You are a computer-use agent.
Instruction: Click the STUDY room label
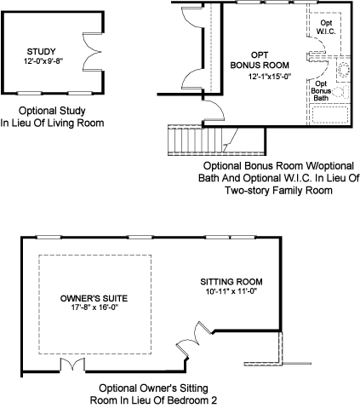42,52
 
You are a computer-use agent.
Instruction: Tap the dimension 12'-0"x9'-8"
43,61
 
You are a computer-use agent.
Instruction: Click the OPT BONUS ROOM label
260,60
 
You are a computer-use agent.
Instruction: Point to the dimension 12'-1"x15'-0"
270,77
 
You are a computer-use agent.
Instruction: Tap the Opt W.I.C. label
326,27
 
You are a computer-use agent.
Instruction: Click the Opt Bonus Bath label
321,91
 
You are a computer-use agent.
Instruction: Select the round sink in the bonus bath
344,70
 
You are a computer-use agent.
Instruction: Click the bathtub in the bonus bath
329,115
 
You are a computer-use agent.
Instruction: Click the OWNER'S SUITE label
94,298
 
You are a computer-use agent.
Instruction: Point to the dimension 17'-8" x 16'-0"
94,307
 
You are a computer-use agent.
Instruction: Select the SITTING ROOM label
231,282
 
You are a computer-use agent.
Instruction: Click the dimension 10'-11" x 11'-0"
231,291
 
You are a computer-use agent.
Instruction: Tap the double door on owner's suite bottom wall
72,364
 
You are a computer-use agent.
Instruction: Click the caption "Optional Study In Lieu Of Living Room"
52,117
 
